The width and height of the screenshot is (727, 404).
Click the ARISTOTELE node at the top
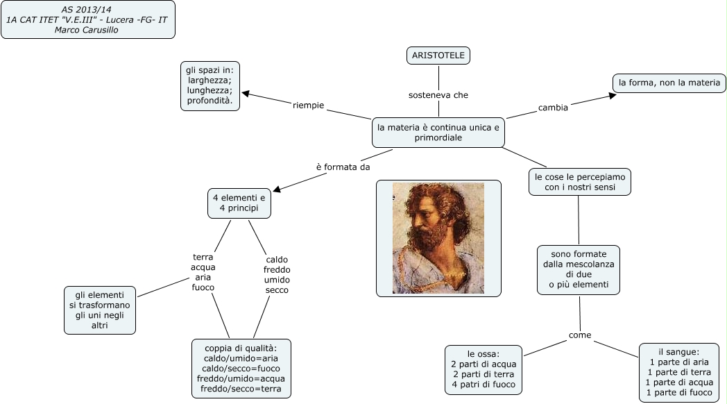(x=438, y=56)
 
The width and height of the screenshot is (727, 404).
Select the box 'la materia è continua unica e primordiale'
(x=438, y=133)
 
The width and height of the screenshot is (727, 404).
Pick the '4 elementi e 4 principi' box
(x=239, y=203)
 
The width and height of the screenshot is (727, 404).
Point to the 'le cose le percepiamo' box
(x=580, y=182)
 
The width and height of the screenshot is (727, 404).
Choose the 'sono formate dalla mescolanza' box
(x=579, y=269)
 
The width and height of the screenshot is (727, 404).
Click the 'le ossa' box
(x=484, y=369)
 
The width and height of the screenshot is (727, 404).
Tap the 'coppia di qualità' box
(x=241, y=368)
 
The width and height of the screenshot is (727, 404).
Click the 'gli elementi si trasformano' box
(x=100, y=310)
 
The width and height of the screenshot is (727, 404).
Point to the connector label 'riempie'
(x=309, y=106)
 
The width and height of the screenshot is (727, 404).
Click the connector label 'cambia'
(x=554, y=108)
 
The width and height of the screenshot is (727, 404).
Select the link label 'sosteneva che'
(x=438, y=95)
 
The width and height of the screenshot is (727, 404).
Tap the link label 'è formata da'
(x=343, y=167)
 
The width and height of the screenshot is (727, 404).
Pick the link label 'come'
(x=580, y=335)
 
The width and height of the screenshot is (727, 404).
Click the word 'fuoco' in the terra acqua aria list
(x=203, y=287)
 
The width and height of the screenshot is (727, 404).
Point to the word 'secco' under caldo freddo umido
(x=277, y=289)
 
